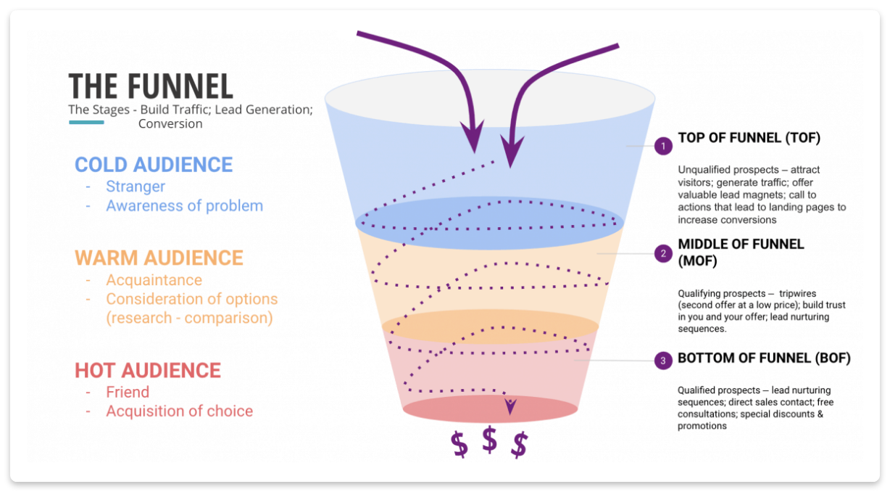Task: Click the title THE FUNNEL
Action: [151, 86]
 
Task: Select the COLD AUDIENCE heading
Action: [154, 165]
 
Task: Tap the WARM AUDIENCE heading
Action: [159, 258]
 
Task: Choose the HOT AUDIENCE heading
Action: [148, 370]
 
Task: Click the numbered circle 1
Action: [663, 146]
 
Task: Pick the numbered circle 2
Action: [663, 253]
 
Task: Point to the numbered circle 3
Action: [663, 361]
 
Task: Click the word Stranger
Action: [136, 186]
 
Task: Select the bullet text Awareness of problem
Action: [184, 205]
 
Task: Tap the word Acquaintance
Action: [154, 280]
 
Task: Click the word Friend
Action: [128, 392]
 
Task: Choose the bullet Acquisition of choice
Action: [179, 411]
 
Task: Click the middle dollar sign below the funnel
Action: [489, 440]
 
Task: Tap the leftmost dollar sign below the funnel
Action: [459, 445]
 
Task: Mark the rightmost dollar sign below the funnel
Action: [520, 445]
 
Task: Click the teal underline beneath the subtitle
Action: [87, 122]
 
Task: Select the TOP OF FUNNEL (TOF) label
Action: [749, 138]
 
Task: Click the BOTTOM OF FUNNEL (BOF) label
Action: [764, 358]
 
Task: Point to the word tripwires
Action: [797, 293]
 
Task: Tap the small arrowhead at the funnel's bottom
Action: [510, 406]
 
